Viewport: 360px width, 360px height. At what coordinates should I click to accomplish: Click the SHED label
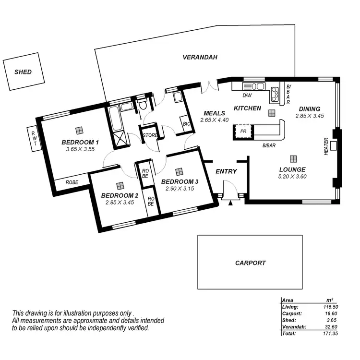coord(23,72)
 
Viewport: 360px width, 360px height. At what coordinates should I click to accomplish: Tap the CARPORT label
coord(250,263)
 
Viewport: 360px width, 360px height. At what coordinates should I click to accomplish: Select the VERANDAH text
coord(200,57)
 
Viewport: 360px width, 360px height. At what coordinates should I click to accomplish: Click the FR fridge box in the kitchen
coord(243,131)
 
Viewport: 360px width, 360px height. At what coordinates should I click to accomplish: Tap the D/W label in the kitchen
coord(247,95)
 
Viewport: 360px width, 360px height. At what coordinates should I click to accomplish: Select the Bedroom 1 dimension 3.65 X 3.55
coord(80,150)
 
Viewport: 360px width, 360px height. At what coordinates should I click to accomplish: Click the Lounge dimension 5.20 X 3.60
coord(292,177)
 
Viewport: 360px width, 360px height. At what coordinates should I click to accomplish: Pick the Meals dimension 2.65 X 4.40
coord(215,120)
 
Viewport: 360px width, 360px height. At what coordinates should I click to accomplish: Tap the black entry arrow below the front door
coord(231,203)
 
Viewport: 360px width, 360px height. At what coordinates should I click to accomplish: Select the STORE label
coord(150,136)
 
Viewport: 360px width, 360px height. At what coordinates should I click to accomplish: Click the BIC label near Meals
coord(187,124)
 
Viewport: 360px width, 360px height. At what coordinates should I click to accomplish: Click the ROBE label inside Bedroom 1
coord(72,182)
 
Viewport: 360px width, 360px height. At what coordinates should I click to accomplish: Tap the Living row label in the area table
coord(290,306)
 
